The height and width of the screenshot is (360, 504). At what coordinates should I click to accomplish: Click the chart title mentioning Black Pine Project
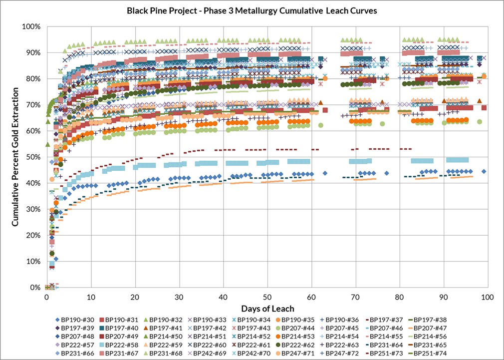point(252,10)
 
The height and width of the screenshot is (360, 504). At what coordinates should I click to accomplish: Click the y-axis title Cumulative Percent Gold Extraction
point(15,156)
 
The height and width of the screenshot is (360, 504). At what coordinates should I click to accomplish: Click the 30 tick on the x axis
point(179,297)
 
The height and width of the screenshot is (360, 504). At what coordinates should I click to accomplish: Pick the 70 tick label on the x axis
point(355,297)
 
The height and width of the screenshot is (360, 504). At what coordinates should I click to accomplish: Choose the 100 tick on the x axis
point(487,297)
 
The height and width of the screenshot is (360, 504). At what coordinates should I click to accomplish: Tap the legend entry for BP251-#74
point(426,354)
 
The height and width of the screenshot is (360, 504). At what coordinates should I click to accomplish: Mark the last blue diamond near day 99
point(484,171)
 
